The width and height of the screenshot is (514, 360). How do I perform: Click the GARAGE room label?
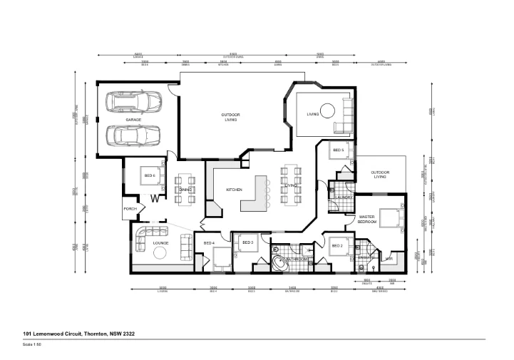tap(133, 120)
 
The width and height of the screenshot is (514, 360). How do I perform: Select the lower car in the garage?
tap(133, 135)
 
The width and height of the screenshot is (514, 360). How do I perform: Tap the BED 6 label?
tap(149, 175)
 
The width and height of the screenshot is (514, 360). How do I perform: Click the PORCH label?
tap(130, 209)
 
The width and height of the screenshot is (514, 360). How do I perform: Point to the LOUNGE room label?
tap(160, 244)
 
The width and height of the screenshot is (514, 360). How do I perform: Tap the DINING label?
tap(185, 190)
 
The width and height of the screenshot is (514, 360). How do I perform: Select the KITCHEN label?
tap(235, 190)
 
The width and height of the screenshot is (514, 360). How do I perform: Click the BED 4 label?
tap(209, 244)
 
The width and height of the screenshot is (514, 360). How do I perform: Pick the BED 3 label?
tap(248, 242)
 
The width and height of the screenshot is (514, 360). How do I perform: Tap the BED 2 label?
tap(338, 246)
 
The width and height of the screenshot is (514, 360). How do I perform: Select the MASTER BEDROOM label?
tap(367, 219)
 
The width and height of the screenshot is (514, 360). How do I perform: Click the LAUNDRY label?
tap(344, 197)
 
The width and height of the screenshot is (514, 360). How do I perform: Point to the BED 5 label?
tap(338, 150)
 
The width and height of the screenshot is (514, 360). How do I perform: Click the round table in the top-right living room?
tap(327, 111)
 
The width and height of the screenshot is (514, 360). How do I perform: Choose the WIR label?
tap(389, 259)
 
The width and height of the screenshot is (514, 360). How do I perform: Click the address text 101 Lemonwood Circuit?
tap(78, 334)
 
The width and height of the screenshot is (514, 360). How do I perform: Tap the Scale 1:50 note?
tap(33, 344)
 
